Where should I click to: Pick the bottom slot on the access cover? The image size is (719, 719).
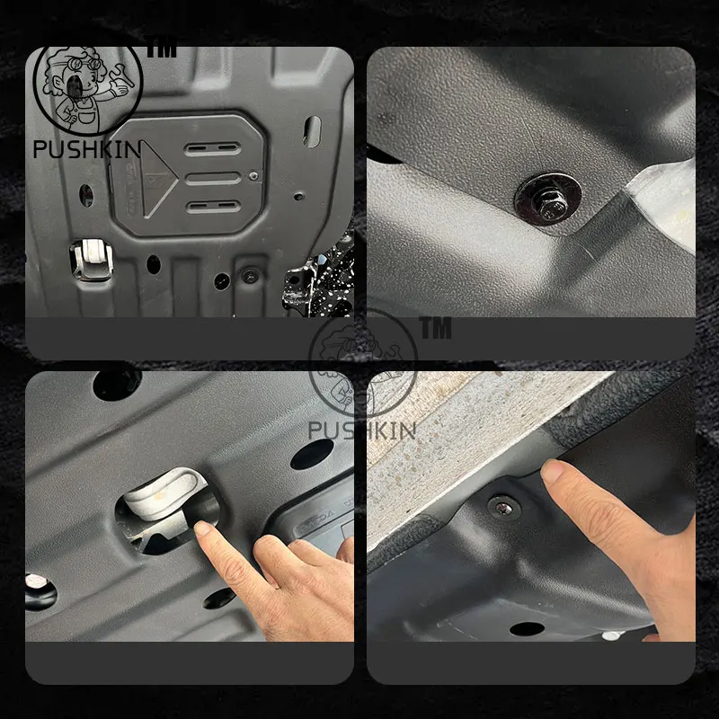pyautogui.click(x=213, y=207)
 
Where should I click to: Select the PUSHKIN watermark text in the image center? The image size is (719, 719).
pyautogui.click(x=361, y=431)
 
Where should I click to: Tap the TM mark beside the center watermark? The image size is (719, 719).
pyautogui.click(x=435, y=329)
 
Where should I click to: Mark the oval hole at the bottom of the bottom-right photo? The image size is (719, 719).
pyautogui.click(x=527, y=629)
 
